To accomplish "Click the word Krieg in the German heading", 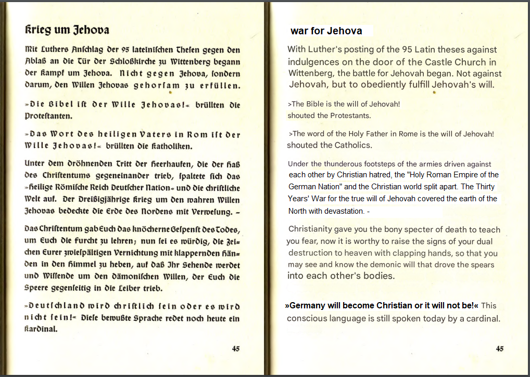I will (x=37, y=30).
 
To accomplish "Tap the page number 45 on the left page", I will (x=236, y=349).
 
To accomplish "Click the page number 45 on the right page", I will (x=500, y=349).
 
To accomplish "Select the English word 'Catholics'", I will (x=352, y=145).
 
